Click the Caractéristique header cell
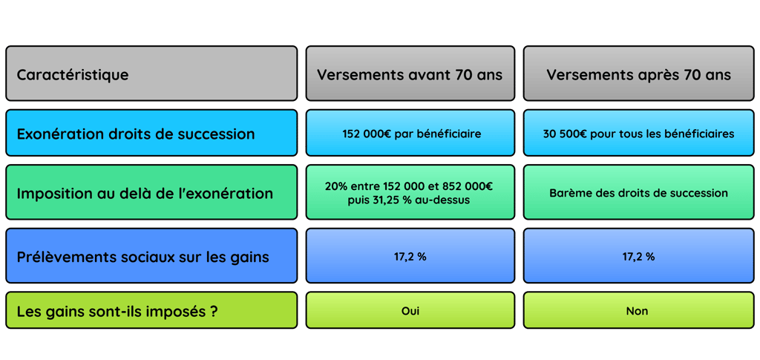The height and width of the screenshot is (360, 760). click(x=151, y=74)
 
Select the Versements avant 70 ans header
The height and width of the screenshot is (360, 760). click(x=410, y=74)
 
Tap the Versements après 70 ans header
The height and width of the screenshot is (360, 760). click(x=638, y=74)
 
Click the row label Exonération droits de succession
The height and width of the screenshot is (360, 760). click(x=151, y=134)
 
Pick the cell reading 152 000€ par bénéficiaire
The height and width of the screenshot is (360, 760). click(x=410, y=134)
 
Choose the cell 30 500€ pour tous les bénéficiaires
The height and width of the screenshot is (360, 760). click(x=638, y=134)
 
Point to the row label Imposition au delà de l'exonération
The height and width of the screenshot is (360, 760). click(x=151, y=193)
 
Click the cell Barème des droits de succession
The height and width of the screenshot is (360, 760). click(x=638, y=193)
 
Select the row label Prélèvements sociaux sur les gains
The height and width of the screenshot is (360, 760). click(x=151, y=257)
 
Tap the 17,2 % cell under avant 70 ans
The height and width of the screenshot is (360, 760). click(x=410, y=257)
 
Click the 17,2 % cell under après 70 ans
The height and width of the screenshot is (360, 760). click(x=638, y=257)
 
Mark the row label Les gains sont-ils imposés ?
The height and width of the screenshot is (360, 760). click(x=151, y=311)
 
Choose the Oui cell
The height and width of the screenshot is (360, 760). click(x=410, y=311)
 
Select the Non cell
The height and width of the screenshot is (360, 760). click(x=638, y=311)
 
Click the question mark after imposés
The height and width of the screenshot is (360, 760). click(x=214, y=311)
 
